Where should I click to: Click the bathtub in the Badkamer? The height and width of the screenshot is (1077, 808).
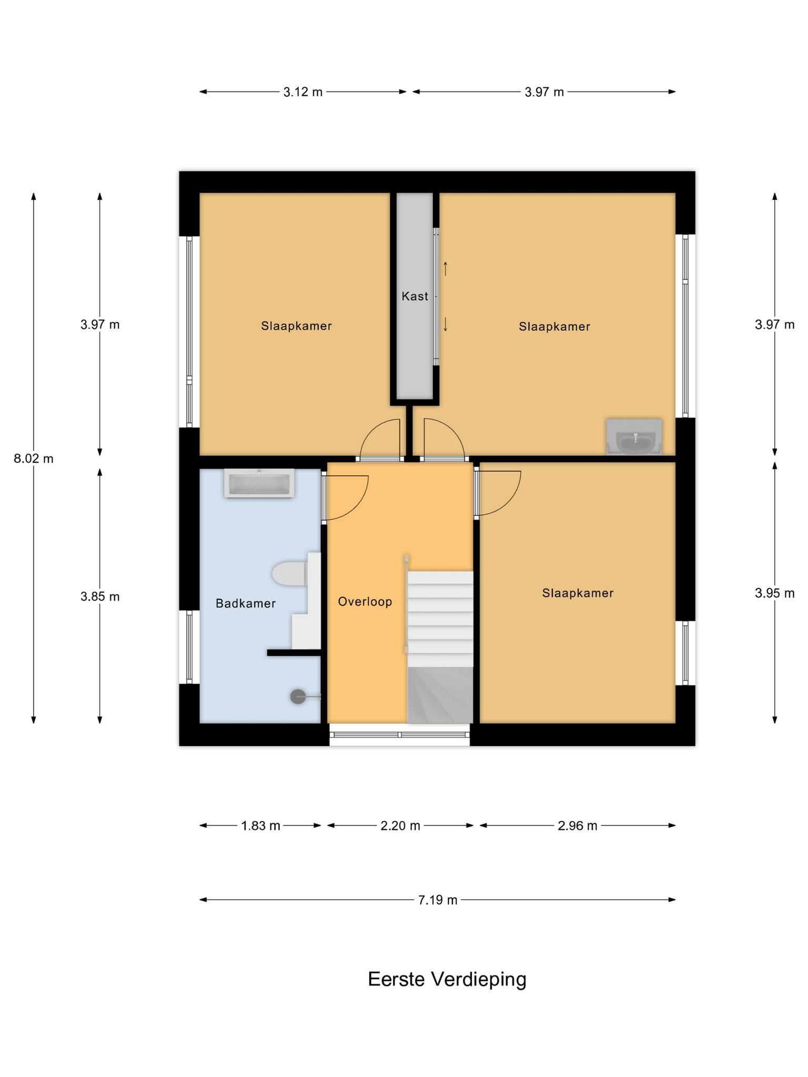259,483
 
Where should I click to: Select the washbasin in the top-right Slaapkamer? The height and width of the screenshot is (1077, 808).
634,436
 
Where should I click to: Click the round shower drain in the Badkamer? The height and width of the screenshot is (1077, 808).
298,697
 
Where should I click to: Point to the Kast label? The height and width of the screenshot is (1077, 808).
415,297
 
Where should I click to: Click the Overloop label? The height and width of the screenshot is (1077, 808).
365,602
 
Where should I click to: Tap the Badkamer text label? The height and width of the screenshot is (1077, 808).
246,603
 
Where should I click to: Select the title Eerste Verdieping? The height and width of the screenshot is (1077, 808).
447,980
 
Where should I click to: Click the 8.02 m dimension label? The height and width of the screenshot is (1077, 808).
34,459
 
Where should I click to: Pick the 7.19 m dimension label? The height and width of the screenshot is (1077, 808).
438,900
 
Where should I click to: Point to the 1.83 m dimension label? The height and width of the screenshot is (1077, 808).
260,826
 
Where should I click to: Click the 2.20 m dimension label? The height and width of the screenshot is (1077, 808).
400,826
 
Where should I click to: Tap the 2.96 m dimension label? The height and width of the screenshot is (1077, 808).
578,826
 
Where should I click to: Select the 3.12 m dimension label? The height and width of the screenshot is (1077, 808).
303,92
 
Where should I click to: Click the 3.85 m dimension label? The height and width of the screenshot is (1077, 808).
100,596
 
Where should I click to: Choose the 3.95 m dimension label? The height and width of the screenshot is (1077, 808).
774,593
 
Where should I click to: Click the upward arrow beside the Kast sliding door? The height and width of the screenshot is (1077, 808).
446,269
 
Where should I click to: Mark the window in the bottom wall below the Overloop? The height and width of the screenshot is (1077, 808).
400,735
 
